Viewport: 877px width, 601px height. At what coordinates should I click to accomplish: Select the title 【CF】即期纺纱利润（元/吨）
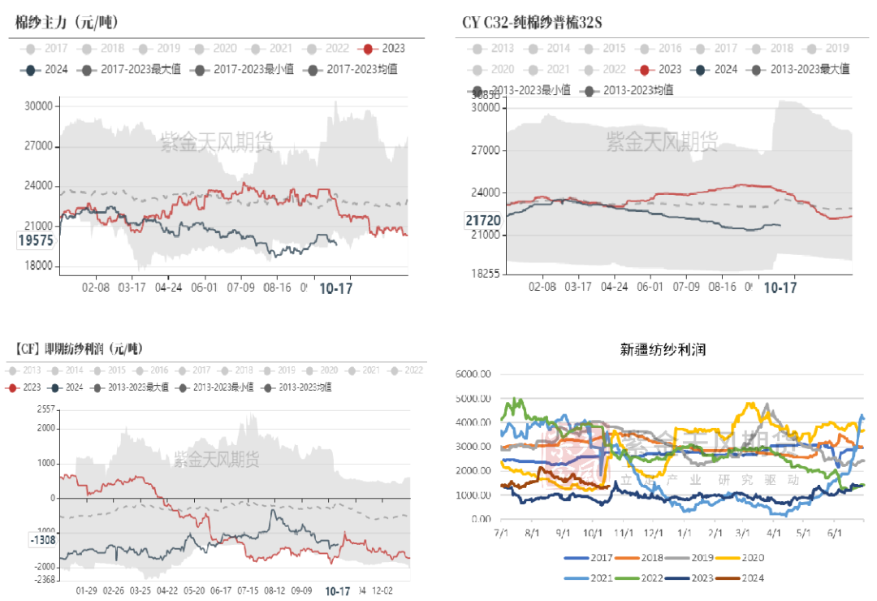click(x=78, y=349)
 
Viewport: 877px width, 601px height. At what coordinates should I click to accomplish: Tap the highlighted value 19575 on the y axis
click(x=34, y=241)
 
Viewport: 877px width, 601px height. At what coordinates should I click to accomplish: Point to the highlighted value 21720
click(x=483, y=220)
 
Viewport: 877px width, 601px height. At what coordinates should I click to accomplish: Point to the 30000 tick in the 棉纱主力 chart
click(x=37, y=106)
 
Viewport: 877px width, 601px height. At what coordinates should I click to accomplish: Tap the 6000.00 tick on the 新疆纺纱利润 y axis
click(x=475, y=374)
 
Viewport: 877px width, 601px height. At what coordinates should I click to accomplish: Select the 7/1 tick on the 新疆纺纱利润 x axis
click(x=501, y=533)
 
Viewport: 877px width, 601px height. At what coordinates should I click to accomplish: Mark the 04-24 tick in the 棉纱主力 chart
click(x=168, y=287)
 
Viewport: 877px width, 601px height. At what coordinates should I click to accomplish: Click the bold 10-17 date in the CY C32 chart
click(x=780, y=288)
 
